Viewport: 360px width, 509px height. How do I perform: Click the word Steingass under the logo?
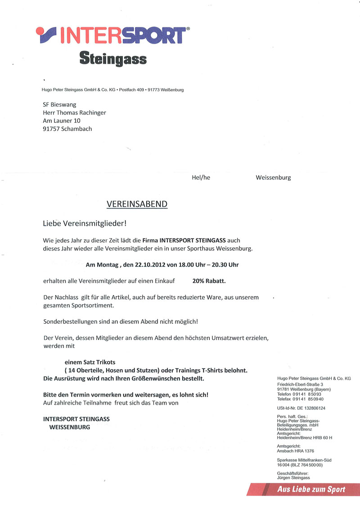coord(113,58)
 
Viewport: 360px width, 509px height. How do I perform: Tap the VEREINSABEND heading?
coord(137,204)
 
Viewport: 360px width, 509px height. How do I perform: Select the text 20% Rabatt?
coord(209,281)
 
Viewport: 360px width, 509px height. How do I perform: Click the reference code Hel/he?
coord(201,178)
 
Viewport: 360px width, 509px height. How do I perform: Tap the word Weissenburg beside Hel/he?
coord(273,178)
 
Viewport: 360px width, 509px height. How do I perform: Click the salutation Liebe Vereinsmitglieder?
coord(85,223)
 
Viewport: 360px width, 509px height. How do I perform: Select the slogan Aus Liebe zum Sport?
coord(311,490)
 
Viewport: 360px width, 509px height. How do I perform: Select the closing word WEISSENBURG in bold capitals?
coord(69,427)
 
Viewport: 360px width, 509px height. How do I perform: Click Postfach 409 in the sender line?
coord(131,90)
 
